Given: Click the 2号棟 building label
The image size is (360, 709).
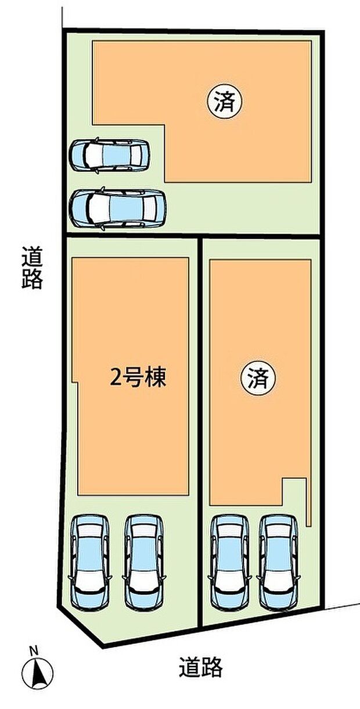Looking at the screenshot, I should point(138,379).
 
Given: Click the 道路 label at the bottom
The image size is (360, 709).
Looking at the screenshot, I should point(200,667).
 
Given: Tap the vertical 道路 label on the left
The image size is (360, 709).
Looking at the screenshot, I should point(33,268).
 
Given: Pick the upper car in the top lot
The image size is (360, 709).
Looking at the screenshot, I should point(109,154).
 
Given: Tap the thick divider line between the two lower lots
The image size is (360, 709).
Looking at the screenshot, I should point(200,430).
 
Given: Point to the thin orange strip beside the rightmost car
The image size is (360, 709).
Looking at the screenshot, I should point(309,499).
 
